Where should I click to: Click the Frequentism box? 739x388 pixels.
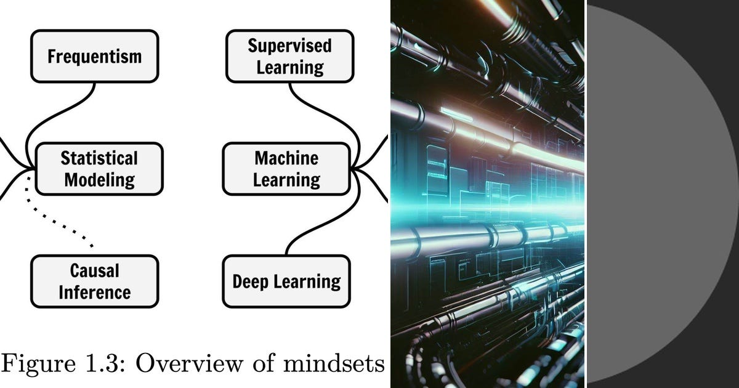click(95, 56)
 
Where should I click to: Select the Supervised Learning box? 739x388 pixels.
click(290, 56)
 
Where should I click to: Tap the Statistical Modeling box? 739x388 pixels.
click(99, 169)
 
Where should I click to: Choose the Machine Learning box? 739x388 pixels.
click(286, 169)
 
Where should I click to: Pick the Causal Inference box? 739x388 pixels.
click(95, 281)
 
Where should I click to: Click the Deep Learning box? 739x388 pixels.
click(286, 281)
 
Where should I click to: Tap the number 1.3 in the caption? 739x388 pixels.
click(106, 363)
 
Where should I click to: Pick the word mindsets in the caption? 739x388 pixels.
click(334, 363)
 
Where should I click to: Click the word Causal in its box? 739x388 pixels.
click(95, 271)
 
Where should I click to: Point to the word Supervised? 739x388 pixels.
click(289, 46)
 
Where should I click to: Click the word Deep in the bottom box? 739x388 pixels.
click(251, 282)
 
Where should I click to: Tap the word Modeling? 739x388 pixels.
click(100, 180)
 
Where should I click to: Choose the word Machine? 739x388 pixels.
click(286, 158)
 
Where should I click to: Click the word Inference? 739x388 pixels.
click(95, 293)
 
